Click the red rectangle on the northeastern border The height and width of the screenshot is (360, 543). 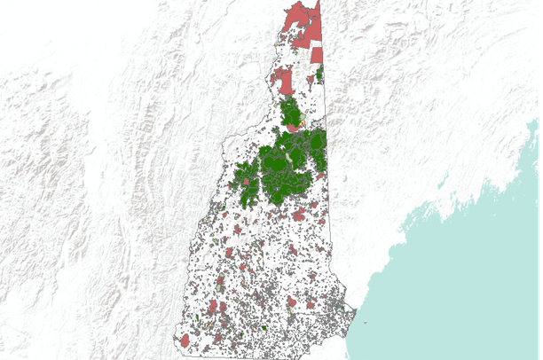coord(317,55)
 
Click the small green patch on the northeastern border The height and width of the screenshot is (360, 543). coord(319,74)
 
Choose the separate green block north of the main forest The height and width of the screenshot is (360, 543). coord(290,113)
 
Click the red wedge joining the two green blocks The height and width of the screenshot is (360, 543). coord(293,129)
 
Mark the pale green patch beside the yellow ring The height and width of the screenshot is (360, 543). coord(308,116)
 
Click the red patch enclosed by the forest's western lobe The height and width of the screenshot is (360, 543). coord(246,183)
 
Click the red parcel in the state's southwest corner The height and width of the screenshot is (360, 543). coord(185,340)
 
